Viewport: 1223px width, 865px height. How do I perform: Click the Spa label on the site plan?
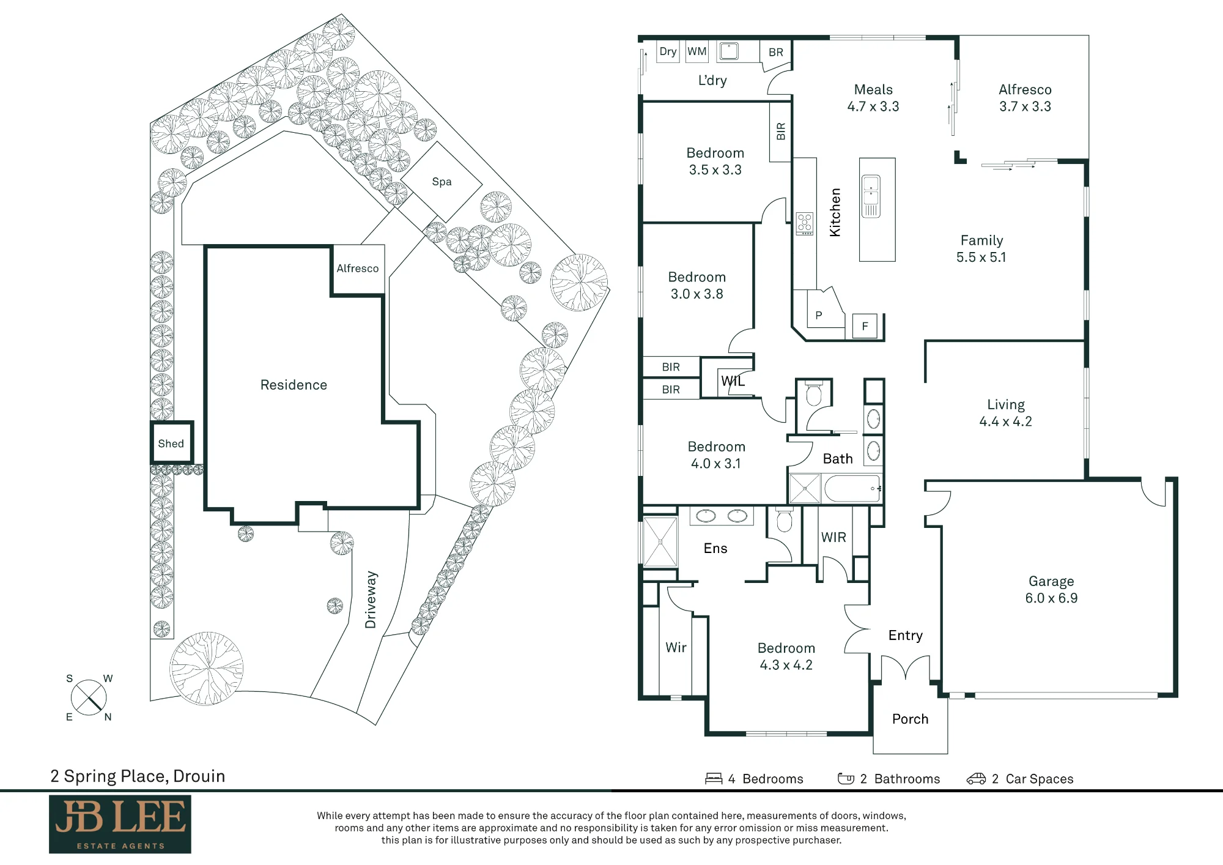coord(442,182)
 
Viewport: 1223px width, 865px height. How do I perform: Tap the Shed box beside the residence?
coord(172,442)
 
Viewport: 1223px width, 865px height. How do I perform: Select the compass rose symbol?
coord(89,697)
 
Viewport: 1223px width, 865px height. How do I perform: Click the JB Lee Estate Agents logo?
coord(120,824)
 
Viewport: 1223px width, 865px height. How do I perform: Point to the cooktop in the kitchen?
coord(805,224)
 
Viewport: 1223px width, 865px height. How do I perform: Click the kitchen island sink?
coord(871,196)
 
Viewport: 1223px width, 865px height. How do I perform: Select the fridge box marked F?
coord(865,326)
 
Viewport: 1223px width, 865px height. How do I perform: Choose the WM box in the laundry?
coord(696,51)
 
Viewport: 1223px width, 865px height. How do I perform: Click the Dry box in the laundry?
coord(668,51)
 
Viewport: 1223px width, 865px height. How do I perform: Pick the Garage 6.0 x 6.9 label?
coord(1051,590)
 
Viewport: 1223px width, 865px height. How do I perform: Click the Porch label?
coord(910,719)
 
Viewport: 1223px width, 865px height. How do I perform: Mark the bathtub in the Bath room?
coord(852,489)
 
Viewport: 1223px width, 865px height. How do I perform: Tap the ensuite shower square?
coord(660,542)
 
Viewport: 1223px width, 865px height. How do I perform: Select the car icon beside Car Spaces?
coord(976,779)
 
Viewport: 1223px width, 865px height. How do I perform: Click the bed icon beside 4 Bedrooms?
coord(714,779)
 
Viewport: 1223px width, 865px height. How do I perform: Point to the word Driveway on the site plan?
coord(371,600)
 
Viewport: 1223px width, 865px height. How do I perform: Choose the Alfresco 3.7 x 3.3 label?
coord(1025,98)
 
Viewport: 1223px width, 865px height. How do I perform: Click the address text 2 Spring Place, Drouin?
coord(138,776)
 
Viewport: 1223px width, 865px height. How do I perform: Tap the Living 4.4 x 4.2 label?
coord(1006,413)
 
